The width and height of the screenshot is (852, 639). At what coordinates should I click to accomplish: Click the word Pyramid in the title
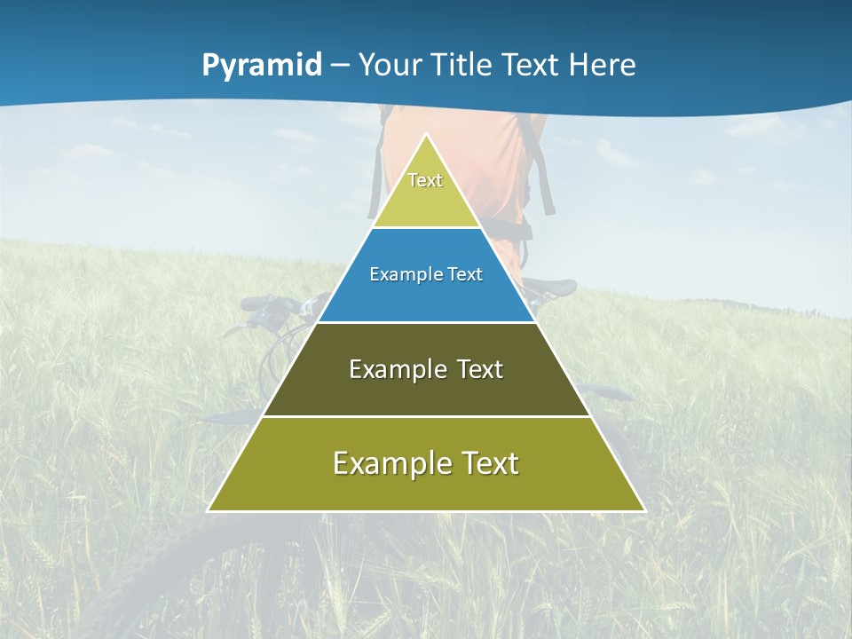click(262, 66)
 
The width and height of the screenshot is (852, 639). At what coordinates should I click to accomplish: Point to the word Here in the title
click(603, 66)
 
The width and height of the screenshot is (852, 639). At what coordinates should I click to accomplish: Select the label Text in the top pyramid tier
click(425, 180)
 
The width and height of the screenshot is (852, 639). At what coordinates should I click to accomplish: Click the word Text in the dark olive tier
click(480, 369)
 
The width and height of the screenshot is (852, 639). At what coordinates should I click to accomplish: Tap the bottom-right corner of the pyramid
click(643, 510)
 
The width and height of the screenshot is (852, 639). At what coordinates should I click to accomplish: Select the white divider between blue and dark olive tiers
click(426, 322)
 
